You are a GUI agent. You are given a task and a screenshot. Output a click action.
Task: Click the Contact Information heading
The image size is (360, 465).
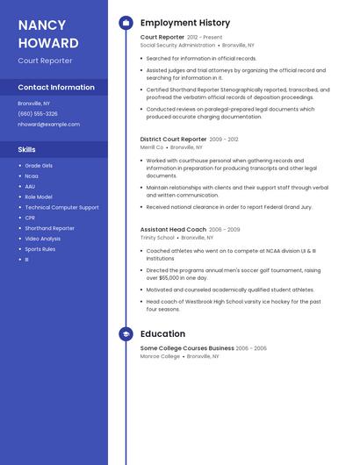(x=56, y=88)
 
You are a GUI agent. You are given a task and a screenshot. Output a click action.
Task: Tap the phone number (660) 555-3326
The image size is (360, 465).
(x=38, y=114)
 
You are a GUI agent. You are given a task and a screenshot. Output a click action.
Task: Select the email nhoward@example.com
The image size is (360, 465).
(x=48, y=125)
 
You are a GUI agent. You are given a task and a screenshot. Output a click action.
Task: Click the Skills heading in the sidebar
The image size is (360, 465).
(x=26, y=150)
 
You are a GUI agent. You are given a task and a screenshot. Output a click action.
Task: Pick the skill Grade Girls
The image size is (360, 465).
(x=39, y=166)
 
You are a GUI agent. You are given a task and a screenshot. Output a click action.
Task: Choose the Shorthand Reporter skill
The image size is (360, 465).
(x=49, y=228)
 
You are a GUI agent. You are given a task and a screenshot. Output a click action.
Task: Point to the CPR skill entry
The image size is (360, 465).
(x=30, y=218)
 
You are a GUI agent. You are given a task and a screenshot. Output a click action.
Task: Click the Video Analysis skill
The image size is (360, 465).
(x=43, y=239)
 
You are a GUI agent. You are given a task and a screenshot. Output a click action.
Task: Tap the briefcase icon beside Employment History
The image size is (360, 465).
(x=126, y=23)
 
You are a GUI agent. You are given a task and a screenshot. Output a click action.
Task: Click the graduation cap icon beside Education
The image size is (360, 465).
(x=126, y=334)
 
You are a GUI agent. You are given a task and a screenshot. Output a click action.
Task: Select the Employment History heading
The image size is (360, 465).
(x=185, y=23)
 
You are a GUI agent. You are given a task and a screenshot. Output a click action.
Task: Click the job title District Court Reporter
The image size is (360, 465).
(x=173, y=139)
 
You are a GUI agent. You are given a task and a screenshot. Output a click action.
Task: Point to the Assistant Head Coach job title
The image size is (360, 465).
(x=173, y=229)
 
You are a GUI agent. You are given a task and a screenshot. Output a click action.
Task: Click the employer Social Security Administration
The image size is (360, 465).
(x=177, y=45)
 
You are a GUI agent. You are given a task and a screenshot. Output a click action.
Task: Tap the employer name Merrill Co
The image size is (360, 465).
(x=152, y=147)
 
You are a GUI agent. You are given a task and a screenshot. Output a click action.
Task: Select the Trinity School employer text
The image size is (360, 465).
(x=157, y=238)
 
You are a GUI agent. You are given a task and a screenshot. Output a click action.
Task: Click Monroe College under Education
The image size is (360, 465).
(x=160, y=357)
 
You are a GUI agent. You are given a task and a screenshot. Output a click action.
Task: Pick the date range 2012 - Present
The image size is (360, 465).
(x=205, y=38)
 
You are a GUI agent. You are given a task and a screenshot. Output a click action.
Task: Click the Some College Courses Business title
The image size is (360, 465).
(x=187, y=348)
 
